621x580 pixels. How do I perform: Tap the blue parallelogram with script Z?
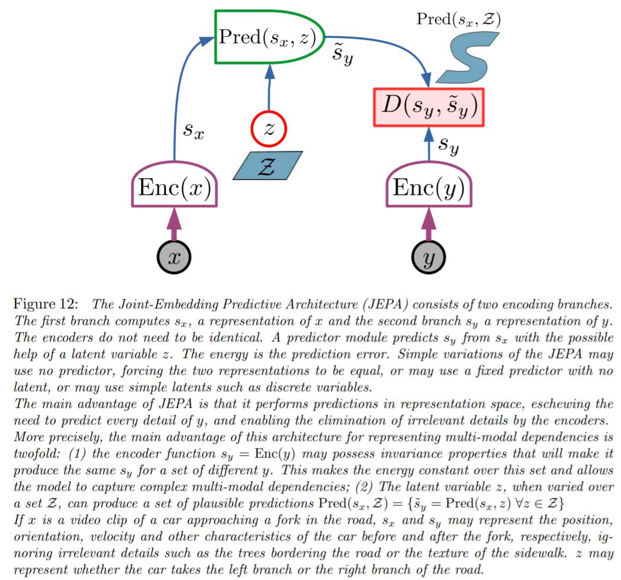(268, 166)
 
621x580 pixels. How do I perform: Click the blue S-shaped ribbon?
(467, 58)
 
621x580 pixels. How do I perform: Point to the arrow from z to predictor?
(269, 88)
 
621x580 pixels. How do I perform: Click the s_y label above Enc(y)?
(449, 146)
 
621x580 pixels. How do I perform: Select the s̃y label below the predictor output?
(343, 54)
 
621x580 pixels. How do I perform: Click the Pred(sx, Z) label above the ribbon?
(459, 19)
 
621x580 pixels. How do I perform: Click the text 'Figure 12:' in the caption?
(46, 304)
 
